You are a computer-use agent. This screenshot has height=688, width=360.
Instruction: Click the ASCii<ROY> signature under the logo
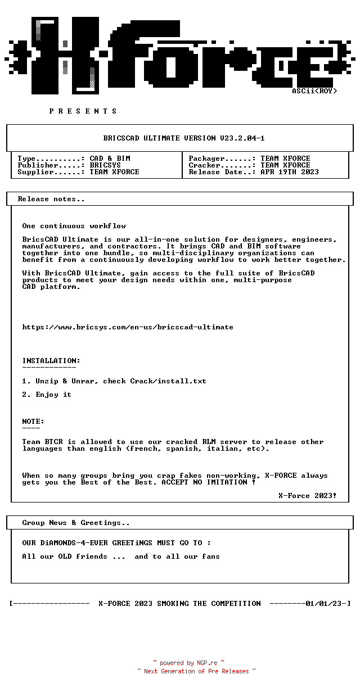314,91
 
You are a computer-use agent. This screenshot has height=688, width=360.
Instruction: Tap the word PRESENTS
83,111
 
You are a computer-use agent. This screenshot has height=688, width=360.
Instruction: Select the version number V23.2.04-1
242,138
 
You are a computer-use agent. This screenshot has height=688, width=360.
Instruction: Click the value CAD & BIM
110,159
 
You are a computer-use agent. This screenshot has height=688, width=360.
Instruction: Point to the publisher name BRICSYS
105,165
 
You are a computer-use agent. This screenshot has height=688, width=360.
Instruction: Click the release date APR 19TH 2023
290,172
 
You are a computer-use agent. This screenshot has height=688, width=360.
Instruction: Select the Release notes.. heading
51,199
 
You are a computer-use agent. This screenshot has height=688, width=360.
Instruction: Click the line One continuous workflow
74,226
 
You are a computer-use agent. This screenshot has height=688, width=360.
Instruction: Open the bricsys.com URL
128,327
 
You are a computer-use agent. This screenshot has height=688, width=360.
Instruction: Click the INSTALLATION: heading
51,361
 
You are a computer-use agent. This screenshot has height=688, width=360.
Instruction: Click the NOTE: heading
33,422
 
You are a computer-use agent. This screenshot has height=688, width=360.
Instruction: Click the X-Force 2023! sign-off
308,496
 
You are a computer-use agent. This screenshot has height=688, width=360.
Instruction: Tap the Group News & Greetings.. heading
76,523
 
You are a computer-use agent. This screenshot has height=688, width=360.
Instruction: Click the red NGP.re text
207,663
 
